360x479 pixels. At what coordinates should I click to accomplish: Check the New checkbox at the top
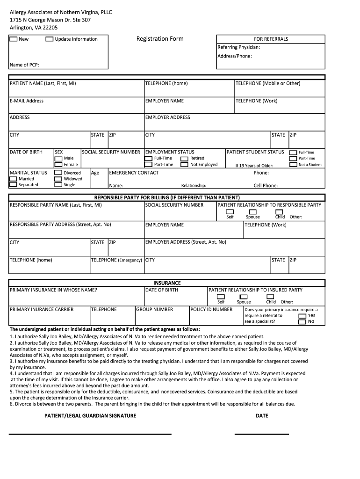pyautogui.click(x=14, y=39)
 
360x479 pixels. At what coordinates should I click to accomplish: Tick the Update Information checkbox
pyautogui.click(x=50, y=39)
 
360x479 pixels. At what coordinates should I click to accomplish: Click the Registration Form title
pyautogui.click(x=160, y=39)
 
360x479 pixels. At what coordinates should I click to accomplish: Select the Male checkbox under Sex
pyautogui.click(x=58, y=159)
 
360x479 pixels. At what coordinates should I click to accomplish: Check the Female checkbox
pyautogui.click(x=58, y=165)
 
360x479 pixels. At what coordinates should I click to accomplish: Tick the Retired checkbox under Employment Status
pyautogui.click(x=184, y=159)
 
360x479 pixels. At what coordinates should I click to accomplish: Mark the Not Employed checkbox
pyautogui.click(x=184, y=165)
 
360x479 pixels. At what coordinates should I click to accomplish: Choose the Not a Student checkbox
pyautogui.click(x=293, y=165)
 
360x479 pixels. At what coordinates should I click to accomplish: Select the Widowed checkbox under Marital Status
pyautogui.click(x=58, y=179)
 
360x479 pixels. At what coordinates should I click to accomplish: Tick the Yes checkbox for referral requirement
pyautogui.click(x=302, y=316)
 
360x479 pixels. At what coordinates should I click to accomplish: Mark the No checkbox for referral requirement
pyautogui.click(x=302, y=321)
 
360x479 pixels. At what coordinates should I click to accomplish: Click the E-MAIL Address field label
pyautogui.click(x=27, y=101)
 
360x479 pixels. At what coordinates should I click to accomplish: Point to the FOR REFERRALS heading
pyautogui.click(x=271, y=39)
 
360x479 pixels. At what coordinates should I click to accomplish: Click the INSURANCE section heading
pyautogui.click(x=167, y=283)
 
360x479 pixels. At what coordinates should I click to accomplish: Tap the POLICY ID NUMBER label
pyautogui.click(x=211, y=310)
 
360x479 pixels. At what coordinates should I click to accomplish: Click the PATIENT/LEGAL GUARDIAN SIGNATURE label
pyautogui.click(x=90, y=416)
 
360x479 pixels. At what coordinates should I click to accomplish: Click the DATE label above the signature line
pyautogui.click(x=262, y=416)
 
